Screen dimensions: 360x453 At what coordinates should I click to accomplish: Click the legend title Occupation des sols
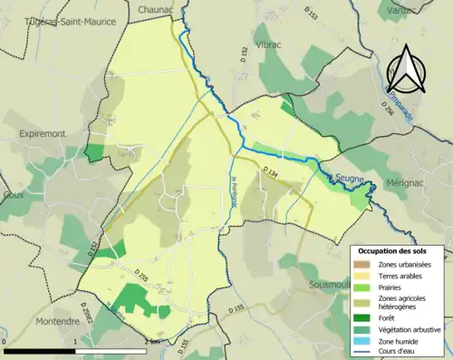click(399, 250)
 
